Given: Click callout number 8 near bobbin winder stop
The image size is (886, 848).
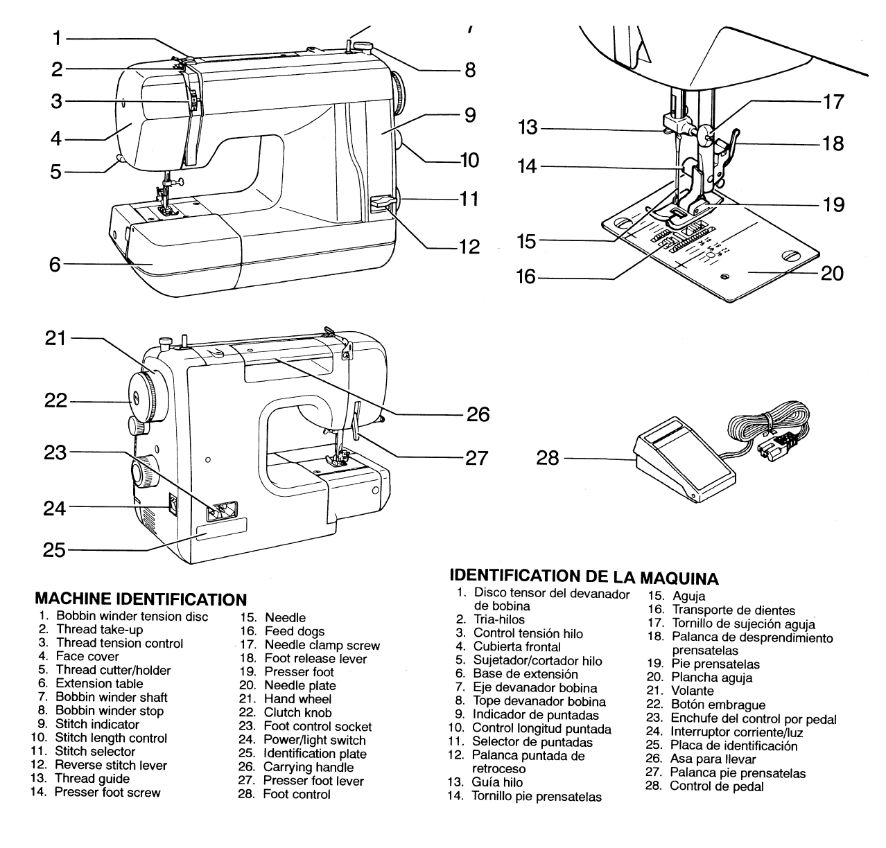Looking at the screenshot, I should point(470,70).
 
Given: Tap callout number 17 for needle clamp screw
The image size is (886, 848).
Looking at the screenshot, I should point(833,102).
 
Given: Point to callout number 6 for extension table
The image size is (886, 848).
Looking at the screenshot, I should point(55,264).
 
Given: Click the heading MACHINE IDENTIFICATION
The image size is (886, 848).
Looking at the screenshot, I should point(140,599).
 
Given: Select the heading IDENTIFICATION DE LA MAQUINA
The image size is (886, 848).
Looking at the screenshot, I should point(584,576).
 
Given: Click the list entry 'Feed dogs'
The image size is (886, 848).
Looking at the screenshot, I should point(294,631).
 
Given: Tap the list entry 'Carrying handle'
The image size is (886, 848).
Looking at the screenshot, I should point(308,767).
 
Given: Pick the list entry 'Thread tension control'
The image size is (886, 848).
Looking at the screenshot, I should point(119,643).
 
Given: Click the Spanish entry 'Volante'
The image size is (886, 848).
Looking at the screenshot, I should point(692,691).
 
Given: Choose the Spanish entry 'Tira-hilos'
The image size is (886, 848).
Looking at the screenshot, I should point(498,619).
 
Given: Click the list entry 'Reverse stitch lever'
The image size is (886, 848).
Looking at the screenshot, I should point(111,765).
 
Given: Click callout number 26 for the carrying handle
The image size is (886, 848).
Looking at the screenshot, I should point(478,414).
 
